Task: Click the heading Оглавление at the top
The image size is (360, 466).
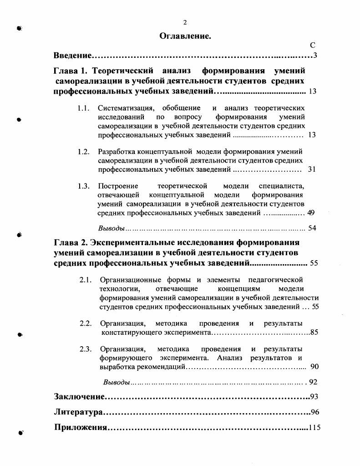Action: click(x=185, y=36)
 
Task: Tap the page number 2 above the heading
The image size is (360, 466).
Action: click(x=185, y=22)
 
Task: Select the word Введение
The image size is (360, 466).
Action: click(x=73, y=56)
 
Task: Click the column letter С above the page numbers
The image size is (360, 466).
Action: click(x=312, y=45)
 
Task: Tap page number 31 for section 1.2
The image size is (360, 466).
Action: click(x=312, y=169)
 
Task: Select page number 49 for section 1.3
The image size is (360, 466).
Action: click(x=311, y=213)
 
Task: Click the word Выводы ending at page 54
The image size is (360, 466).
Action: click(x=112, y=228)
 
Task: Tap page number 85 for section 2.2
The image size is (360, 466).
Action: click(x=314, y=333)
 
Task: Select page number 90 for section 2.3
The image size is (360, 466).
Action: click(x=314, y=367)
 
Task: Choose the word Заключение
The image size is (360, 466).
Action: click(x=79, y=397)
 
